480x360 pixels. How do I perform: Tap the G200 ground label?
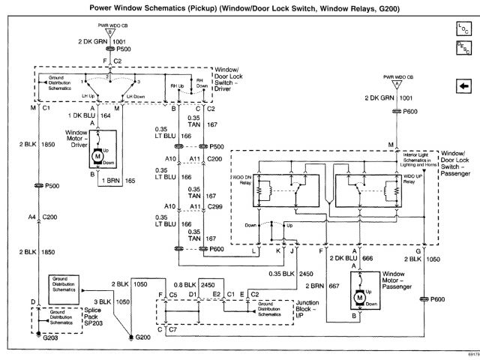142,337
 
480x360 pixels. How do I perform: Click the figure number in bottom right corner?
469,355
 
